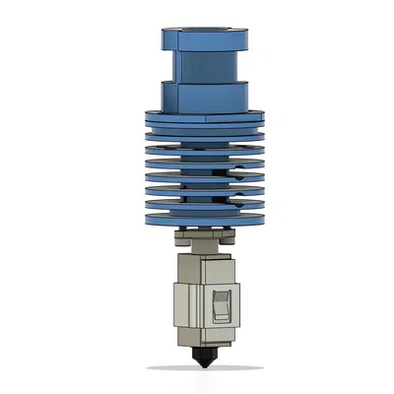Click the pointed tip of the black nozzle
point(203,365)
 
